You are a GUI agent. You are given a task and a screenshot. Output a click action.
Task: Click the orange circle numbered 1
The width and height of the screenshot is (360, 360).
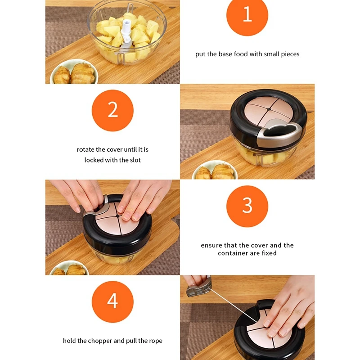click(x=247, y=15)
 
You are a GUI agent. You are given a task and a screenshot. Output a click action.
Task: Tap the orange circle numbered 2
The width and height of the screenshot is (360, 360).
click(x=112, y=110)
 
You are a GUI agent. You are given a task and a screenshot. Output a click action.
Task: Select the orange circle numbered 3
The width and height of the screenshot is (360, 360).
click(x=247, y=206)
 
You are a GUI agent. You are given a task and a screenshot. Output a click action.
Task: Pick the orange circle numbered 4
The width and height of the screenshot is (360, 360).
click(x=112, y=301)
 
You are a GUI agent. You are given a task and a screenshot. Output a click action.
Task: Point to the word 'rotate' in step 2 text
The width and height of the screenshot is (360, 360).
click(x=85, y=150)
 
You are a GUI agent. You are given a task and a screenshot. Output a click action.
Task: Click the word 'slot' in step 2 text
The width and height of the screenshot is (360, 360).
click(x=135, y=160)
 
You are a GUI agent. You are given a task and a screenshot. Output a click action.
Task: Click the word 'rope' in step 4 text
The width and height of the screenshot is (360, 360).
click(x=156, y=341)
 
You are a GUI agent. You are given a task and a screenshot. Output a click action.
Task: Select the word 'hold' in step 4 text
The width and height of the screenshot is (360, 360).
click(x=69, y=341)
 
